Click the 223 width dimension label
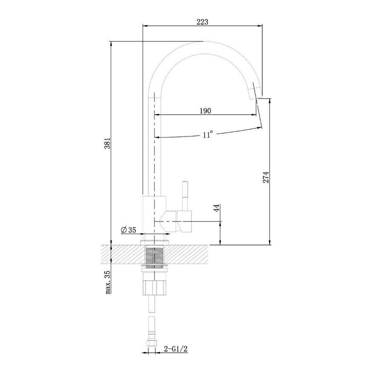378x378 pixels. coord(202,22)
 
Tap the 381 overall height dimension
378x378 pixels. coord(107,143)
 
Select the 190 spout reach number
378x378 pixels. coord(206,111)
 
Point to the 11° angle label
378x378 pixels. coord(207,134)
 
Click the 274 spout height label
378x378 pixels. coord(266,178)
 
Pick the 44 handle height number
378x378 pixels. coord(217,208)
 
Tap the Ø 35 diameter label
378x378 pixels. coord(129,230)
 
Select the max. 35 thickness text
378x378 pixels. coord(108,282)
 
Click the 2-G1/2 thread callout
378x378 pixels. coord(175,349)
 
